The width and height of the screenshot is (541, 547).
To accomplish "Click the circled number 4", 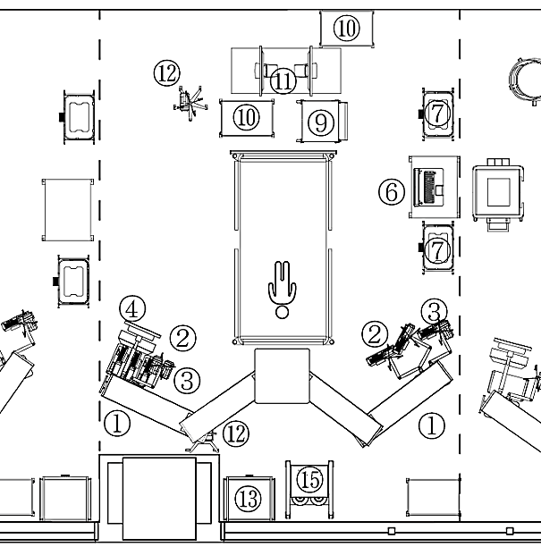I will [x=132, y=309].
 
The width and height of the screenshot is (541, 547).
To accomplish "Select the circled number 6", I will [x=390, y=190].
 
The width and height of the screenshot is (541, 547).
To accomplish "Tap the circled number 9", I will [x=321, y=122].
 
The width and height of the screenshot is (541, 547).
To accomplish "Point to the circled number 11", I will [x=283, y=80].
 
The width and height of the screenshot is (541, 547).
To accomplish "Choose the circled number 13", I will [x=249, y=498].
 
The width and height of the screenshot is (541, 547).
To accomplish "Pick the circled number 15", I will [x=309, y=480].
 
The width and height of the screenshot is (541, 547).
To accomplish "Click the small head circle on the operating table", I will [x=283, y=312].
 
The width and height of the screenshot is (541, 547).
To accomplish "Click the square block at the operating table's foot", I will [x=282, y=375].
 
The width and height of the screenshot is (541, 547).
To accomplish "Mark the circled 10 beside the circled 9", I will [x=248, y=117].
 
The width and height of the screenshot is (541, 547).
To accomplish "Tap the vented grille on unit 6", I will [x=435, y=187].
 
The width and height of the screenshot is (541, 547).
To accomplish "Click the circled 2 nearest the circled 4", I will [x=182, y=338].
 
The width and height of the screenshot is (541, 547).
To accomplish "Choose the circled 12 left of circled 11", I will [x=166, y=72].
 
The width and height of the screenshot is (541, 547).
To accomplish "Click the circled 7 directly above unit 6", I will [x=436, y=113].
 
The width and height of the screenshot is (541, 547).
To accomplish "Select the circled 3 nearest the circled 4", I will [x=185, y=380].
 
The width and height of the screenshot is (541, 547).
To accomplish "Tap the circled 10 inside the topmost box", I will [x=347, y=28].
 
